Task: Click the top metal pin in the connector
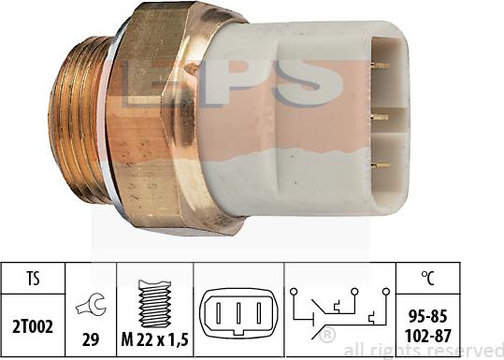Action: [x=379, y=66]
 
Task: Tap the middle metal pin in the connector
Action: [x=379, y=117]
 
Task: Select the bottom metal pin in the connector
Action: [x=379, y=166]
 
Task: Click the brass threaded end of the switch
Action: [x=80, y=119]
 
